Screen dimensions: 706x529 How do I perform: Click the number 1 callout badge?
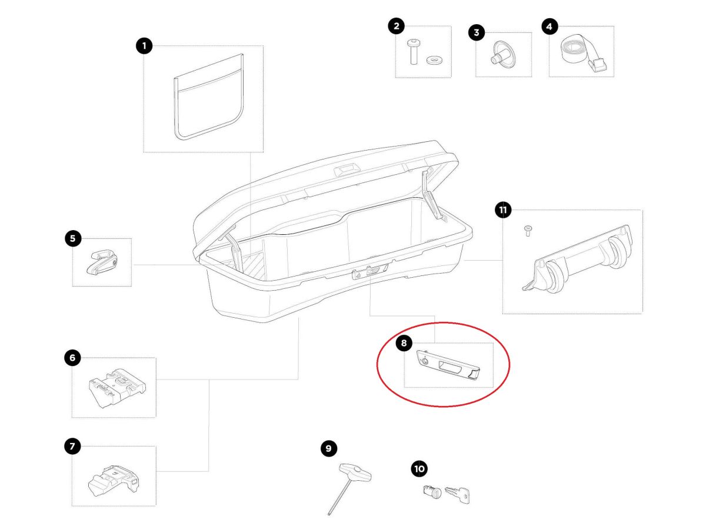(x=144, y=46)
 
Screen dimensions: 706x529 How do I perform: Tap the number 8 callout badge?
(x=404, y=343)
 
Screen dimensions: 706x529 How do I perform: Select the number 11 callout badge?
(x=502, y=210)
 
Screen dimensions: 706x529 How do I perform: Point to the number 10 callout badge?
(x=419, y=469)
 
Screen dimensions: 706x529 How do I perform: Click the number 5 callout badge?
(x=73, y=238)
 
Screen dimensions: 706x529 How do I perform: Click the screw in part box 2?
(x=412, y=51)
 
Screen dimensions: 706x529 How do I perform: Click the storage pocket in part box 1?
(x=208, y=97)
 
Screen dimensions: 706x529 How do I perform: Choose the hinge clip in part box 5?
(x=102, y=262)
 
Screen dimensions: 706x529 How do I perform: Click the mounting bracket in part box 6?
(x=116, y=388)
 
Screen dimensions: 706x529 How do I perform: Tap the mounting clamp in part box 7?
(x=114, y=480)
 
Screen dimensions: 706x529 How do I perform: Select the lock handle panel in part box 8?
(x=448, y=365)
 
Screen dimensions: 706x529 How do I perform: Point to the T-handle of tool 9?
(x=355, y=471)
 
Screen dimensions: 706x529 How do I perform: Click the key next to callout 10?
(x=457, y=495)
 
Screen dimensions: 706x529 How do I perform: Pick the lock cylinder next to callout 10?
(x=432, y=491)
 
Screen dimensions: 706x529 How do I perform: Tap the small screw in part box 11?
(x=528, y=231)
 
